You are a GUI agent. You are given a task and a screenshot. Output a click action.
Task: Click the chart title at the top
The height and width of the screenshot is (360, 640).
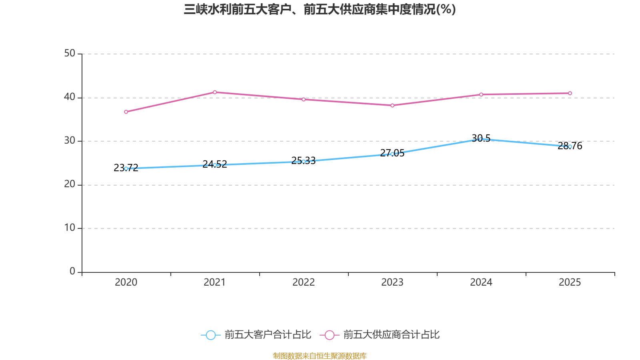(x=320, y=9)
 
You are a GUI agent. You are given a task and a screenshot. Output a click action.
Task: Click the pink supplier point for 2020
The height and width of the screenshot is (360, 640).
(x=126, y=112)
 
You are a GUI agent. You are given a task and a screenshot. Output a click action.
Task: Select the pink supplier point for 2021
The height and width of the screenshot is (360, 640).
(x=215, y=92)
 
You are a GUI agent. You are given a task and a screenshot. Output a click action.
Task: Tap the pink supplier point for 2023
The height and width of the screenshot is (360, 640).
(x=392, y=106)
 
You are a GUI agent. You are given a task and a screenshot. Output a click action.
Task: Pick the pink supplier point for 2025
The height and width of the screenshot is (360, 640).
(x=570, y=93)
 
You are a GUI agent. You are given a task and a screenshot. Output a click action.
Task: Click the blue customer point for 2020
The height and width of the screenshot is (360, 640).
(x=126, y=168)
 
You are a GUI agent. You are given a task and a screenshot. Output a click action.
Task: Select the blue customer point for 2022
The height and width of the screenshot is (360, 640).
(x=304, y=162)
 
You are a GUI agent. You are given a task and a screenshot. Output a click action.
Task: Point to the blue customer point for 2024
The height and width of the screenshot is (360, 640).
(x=481, y=139)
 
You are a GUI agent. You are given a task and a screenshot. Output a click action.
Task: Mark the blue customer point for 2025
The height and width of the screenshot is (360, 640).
(x=570, y=147)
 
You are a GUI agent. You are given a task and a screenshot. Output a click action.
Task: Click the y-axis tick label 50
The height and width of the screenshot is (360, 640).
(x=70, y=54)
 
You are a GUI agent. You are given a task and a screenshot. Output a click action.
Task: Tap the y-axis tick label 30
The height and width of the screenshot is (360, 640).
(x=70, y=141)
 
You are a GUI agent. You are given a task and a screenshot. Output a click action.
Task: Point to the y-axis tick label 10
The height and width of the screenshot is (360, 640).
(x=70, y=228)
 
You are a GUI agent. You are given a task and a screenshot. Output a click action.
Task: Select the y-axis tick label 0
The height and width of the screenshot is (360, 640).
(x=72, y=272)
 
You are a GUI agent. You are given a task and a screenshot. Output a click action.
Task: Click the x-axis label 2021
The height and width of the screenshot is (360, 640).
(x=215, y=282)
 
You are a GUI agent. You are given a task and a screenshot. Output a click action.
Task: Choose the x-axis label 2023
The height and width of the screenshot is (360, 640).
(x=392, y=282)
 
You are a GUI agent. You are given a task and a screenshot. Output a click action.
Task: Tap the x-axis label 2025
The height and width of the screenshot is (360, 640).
(x=570, y=282)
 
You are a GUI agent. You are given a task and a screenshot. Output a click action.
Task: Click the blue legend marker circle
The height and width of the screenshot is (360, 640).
(x=210, y=335)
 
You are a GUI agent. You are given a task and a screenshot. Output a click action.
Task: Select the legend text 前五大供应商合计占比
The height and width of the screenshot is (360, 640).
(x=391, y=335)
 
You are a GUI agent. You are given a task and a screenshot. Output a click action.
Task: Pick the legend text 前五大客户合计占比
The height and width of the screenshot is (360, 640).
(x=268, y=335)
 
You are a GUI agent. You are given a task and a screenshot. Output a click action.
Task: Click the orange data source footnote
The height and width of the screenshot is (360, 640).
(x=320, y=356)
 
